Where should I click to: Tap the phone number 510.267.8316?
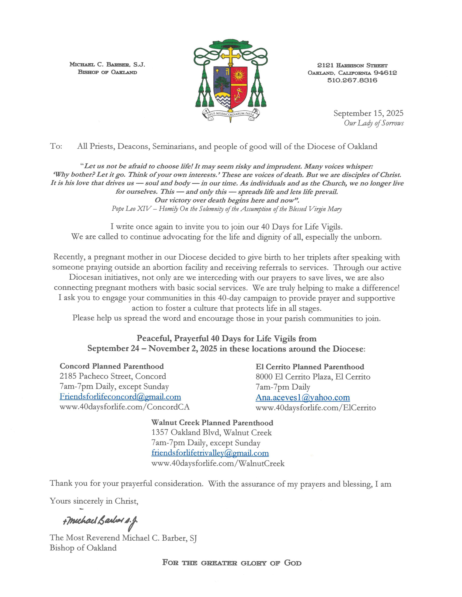[x=352, y=80]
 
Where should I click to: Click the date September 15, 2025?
[x=368, y=113]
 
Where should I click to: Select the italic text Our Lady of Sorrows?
[x=373, y=123]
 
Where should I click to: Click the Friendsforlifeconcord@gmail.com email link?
[x=120, y=397]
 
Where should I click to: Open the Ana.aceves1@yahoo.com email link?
[x=303, y=397]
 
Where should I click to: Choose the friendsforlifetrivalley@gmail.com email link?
[x=210, y=453]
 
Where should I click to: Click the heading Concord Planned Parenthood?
[x=111, y=366]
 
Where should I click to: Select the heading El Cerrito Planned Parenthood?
[x=310, y=367]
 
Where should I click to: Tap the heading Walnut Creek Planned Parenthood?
[x=212, y=423]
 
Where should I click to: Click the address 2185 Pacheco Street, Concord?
[x=113, y=376]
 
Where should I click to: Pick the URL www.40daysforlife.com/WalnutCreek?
[x=218, y=463]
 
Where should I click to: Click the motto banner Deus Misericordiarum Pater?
[x=231, y=114]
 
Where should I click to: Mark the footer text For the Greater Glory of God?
[x=232, y=563]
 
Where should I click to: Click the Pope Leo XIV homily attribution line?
[x=227, y=209]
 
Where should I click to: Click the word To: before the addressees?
[x=56, y=146]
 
